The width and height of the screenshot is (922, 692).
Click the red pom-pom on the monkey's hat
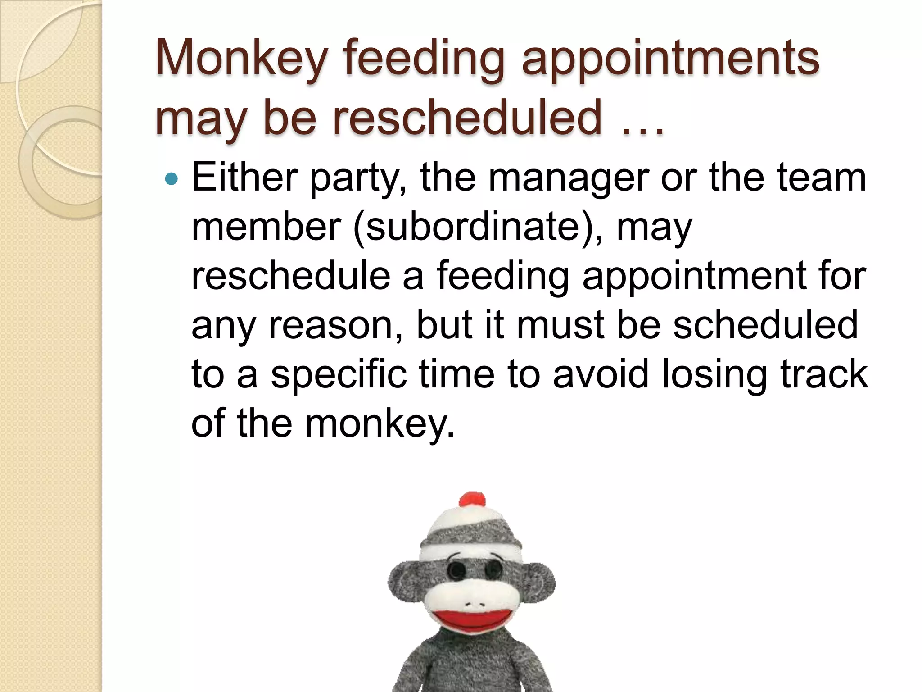click(x=471, y=500)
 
